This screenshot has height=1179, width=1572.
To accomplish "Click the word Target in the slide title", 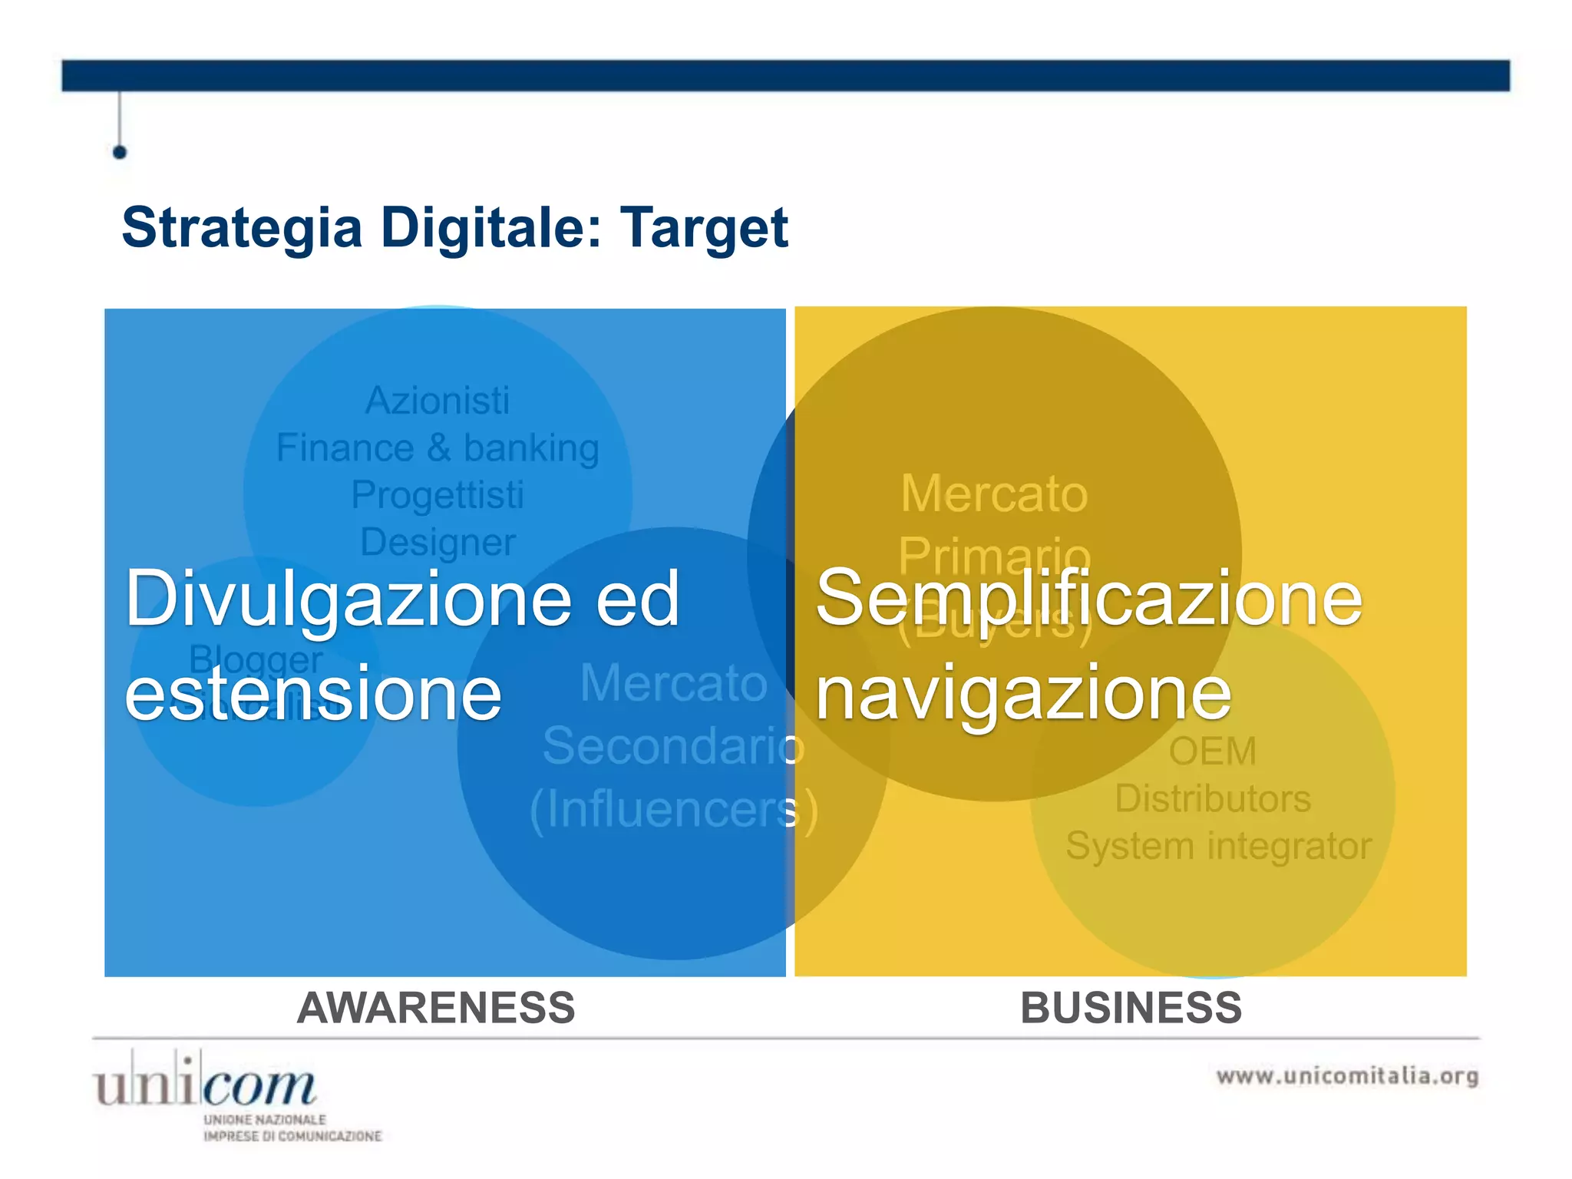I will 704,228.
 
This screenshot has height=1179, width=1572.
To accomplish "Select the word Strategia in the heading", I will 242,228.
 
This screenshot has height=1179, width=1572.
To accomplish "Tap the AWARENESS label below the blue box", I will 436,1008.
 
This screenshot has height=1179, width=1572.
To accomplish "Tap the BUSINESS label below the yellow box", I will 1131,1008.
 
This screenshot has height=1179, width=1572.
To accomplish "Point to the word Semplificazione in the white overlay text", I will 1088,599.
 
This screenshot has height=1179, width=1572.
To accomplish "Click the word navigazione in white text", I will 1023,693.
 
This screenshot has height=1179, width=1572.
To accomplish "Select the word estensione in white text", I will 313,693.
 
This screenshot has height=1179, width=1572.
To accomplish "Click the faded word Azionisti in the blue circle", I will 437,401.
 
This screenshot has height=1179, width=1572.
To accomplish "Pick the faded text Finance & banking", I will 438,447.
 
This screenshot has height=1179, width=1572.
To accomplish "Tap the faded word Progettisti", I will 438,495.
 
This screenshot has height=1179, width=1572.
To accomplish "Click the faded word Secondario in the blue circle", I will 673,745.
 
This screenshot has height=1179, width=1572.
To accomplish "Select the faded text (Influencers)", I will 673,809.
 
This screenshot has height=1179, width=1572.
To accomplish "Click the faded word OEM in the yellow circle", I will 1212,751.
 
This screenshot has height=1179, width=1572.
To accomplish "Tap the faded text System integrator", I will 1218,846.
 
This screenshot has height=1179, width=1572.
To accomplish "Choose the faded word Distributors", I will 1212,798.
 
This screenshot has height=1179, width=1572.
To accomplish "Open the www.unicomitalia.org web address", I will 1347,1076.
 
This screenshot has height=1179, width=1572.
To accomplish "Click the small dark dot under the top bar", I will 120,152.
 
